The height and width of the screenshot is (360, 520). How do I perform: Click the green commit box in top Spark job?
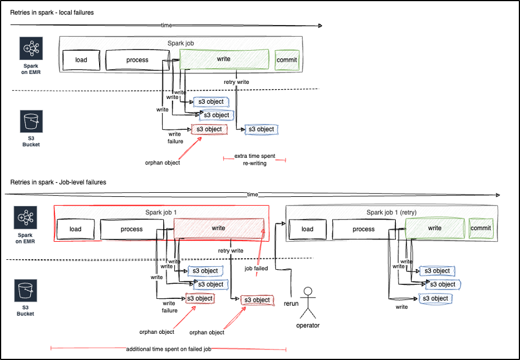[287, 60]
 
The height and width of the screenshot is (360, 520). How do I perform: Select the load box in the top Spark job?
[81, 60]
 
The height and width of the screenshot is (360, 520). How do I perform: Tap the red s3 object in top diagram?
[209, 129]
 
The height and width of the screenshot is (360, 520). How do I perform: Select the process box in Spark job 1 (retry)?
[363, 229]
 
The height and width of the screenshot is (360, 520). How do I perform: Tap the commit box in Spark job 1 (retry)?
[481, 228]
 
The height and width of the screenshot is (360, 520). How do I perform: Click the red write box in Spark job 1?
[219, 228]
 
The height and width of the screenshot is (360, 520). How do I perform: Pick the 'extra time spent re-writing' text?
[254, 160]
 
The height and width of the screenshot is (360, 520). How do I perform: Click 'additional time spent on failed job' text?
[168, 349]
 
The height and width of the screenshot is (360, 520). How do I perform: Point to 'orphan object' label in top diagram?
[162, 163]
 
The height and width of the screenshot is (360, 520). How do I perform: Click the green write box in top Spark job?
[224, 59]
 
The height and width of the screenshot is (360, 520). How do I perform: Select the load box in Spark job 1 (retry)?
[307, 229]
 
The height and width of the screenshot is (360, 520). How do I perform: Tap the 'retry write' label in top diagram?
[236, 82]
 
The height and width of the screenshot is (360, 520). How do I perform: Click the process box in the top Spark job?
[138, 60]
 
